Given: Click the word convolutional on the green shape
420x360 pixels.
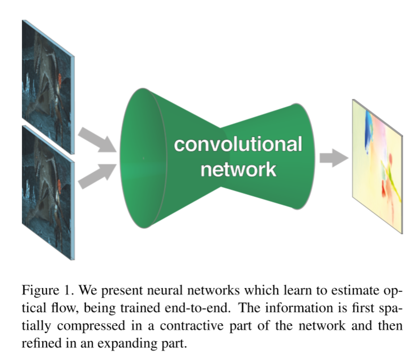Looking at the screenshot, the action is tap(238, 144).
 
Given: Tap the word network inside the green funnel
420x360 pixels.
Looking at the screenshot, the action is tap(238, 169).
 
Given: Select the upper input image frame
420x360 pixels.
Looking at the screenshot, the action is tap(48, 87).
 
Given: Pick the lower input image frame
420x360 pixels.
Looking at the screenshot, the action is tap(48, 193).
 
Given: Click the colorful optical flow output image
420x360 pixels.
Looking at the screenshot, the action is tap(377, 166).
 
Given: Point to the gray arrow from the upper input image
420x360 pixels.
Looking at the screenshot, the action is tap(98, 140).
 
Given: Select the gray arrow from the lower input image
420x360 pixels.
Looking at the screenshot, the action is tap(98, 176).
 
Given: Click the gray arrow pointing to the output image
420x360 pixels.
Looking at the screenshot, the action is tap(334, 158).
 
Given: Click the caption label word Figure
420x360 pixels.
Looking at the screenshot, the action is tap(41, 291).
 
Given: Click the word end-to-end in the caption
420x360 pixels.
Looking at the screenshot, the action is tap(197, 308).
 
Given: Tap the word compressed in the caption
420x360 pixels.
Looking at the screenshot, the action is tap(91, 326).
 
